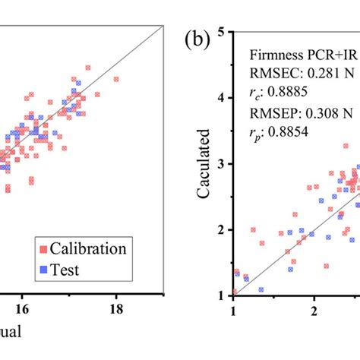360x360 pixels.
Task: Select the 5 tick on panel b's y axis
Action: (x=219, y=32)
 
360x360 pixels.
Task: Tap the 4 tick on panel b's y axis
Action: (x=219, y=98)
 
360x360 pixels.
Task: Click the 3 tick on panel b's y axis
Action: (x=219, y=164)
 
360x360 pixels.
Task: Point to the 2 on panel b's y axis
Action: (x=219, y=229)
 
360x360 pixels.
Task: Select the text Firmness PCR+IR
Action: (x=301, y=55)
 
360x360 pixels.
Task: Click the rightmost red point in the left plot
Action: (x=116, y=78)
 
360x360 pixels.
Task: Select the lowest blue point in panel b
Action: (x=261, y=289)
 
